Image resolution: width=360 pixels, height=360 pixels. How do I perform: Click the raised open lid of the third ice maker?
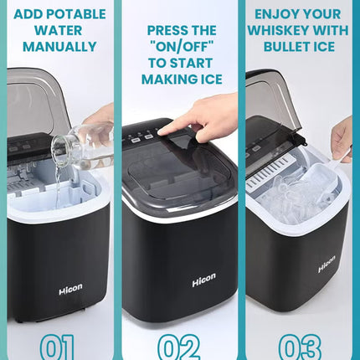(268, 109)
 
